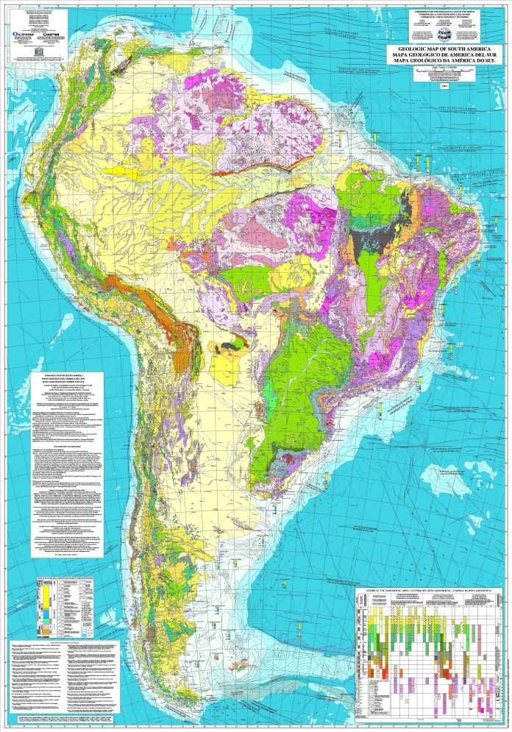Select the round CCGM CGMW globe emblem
[444, 34]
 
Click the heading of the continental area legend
[427, 591]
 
